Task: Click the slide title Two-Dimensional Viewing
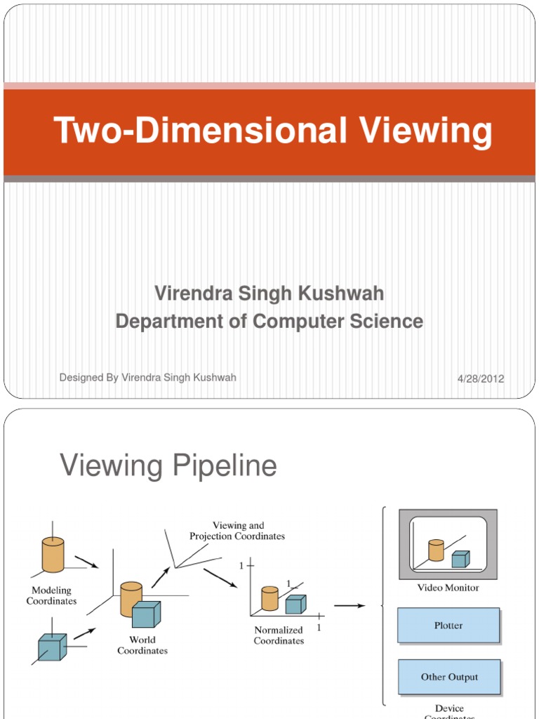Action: (273, 132)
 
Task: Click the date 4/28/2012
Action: (480, 379)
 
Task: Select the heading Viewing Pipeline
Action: (168, 466)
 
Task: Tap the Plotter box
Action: (448, 626)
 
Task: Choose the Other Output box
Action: (449, 678)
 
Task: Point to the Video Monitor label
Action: (448, 588)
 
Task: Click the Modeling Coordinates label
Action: (52, 596)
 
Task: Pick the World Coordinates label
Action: (142, 645)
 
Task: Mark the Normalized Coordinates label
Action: (279, 635)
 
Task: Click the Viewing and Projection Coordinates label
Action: (237, 531)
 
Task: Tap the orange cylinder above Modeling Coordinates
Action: (53, 555)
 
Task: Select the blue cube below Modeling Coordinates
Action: (53, 647)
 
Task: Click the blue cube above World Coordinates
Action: (146, 614)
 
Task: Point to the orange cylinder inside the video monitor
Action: (436, 550)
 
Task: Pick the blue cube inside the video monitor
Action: (460, 559)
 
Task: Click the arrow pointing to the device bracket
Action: (350, 605)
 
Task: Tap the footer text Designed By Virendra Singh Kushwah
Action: (148, 378)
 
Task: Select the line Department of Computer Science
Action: (269, 322)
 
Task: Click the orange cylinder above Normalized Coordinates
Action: (269, 598)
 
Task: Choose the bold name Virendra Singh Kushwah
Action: (269, 293)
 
